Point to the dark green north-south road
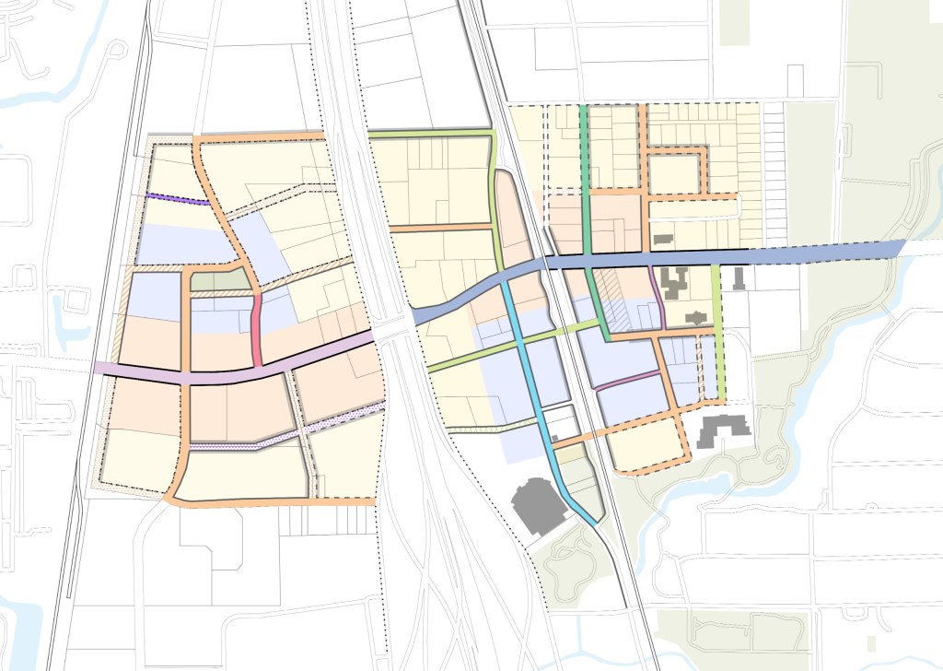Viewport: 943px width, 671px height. (x=585, y=184)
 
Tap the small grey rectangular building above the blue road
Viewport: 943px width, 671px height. (x=662, y=240)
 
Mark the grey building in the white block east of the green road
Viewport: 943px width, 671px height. (x=739, y=278)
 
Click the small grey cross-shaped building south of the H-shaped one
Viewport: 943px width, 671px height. (x=691, y=318)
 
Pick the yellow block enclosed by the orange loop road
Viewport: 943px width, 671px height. (x=674, y=172)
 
